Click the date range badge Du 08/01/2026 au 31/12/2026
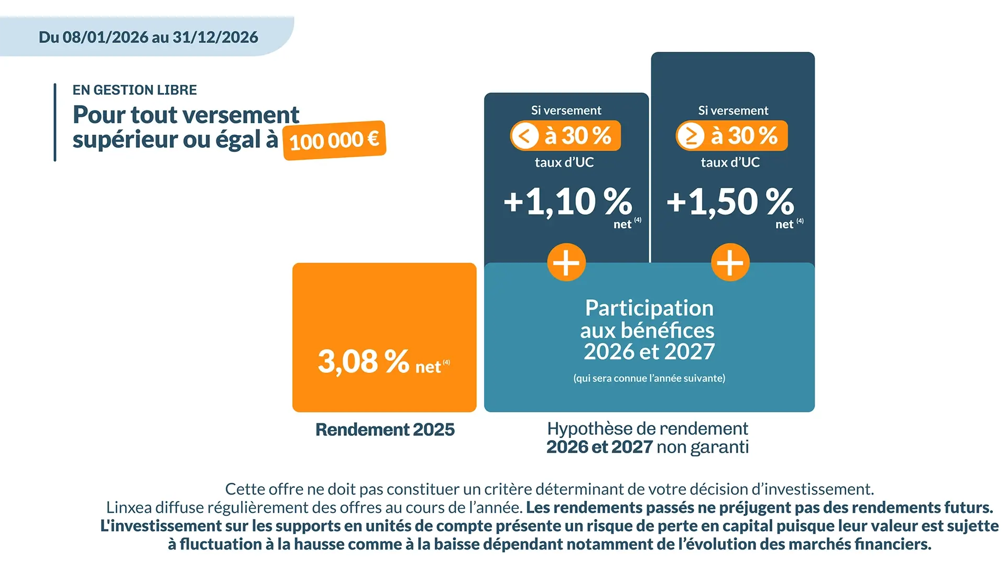point(148,37)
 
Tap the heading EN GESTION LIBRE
point(135,90)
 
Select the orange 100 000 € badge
point(334,140)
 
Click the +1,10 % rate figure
point(567,202)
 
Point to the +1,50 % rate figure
point(730,202)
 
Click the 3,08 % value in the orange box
point(363,361)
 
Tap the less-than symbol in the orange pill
point(525,136)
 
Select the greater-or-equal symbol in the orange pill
point(691,136)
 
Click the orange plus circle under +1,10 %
point(566,262)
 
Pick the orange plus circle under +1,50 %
point(730,262)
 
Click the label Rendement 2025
point(385,430)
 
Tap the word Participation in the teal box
point(649,308)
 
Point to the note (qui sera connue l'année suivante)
point(649,378)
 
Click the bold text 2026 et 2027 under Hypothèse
point(599,447)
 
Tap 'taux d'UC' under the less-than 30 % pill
point(564,162)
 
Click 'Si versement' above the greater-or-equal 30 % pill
point(733,111)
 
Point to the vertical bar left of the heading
point(55,123)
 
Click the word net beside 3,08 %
point(428,367)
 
